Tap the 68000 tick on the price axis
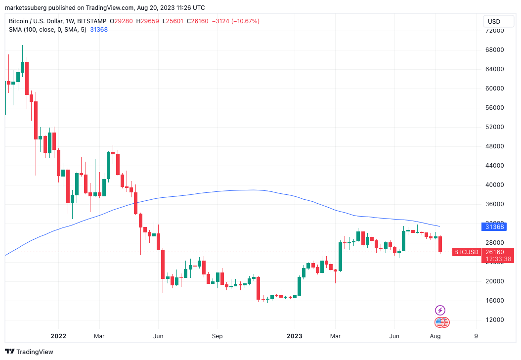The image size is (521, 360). point(494,50)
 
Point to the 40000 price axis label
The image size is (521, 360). point(494,185)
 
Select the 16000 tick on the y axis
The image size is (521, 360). point(494,301)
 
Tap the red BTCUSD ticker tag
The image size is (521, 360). point(466,252)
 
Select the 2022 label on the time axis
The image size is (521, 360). point(58,336)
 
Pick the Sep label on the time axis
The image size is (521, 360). point(217,336)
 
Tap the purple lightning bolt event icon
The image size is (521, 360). point(439,311)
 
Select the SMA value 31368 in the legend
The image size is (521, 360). point(99,30)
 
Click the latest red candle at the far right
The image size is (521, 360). point(440,244)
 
